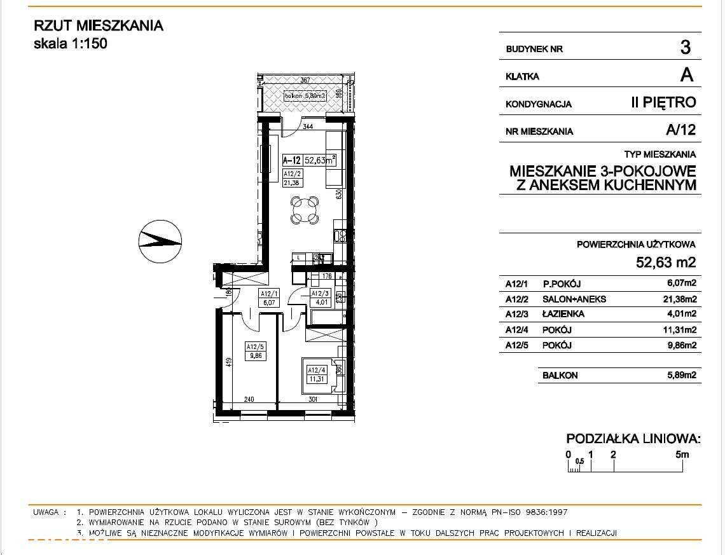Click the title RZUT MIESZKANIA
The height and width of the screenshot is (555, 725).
point(98,26)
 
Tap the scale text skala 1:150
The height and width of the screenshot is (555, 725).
point(70,44)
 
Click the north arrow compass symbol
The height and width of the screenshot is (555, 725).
point(160,241)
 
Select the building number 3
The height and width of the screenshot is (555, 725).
point(685,47)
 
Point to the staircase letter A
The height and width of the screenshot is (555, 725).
point(686,75)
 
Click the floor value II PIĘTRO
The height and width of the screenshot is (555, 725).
point(663,102)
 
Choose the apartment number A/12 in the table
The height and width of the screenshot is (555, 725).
point(680,131)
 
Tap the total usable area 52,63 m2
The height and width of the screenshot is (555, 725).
point(666,262)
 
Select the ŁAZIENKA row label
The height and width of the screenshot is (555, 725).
point(563,314)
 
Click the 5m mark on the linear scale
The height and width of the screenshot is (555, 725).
point(682,455)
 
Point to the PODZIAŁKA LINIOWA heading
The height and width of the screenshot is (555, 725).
point(633,439)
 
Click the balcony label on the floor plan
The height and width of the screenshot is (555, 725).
point(305,96)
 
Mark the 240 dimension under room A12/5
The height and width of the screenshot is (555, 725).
point(249,400)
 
